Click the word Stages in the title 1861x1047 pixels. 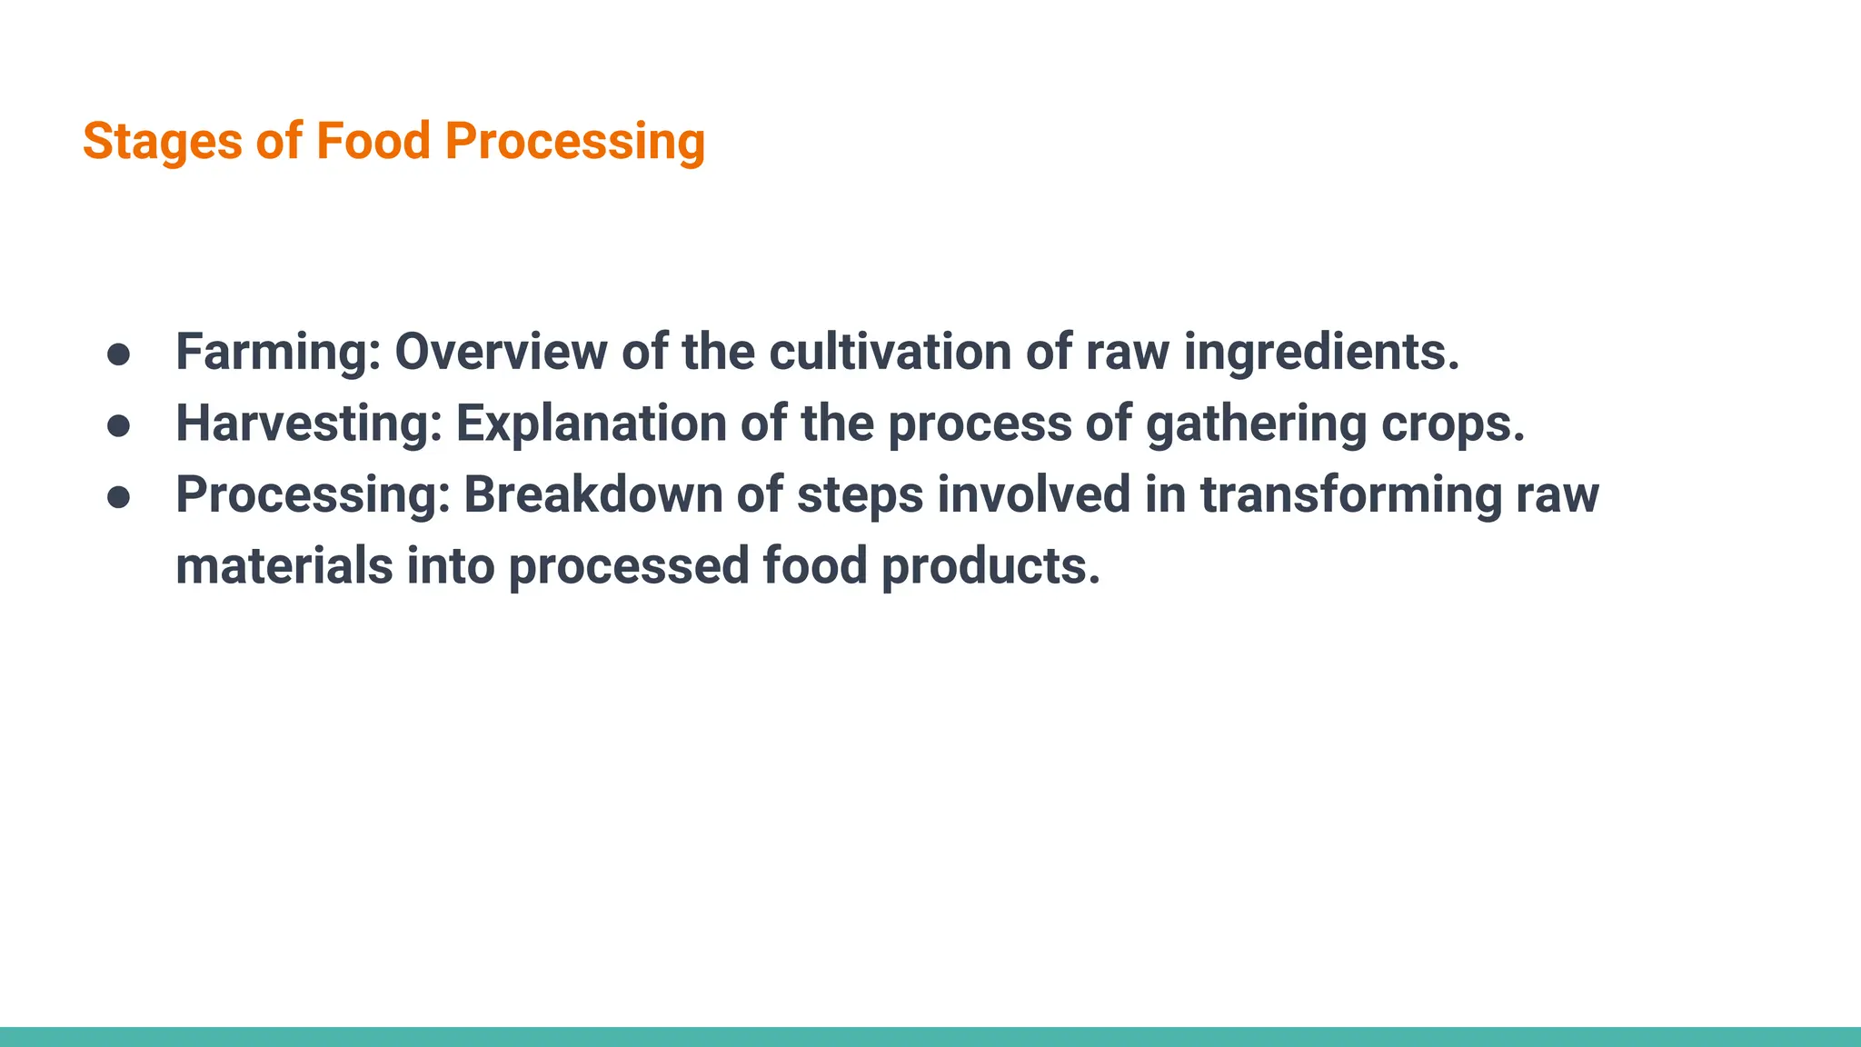pos(162,143)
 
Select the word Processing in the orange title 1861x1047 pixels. pos(574,143)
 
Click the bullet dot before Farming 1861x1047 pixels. pos(119,354)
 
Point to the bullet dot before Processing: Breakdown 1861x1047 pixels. pos(119,497)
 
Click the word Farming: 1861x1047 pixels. pos(278,353)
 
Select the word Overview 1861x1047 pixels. pos(501,353)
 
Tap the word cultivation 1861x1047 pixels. pos(890,353)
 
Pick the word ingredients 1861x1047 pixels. pos(1321,353)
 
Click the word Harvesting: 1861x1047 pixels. pos(309,424)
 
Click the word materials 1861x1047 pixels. pos(284,566)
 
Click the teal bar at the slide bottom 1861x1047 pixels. pos(930,1037)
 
